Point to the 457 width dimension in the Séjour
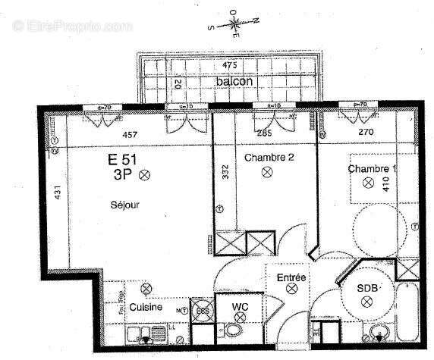click(x=131, y=134)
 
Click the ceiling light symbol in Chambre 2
click(x=267, y=172)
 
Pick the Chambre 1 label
click(x=373, y=168)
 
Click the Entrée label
click(x=291, y=279)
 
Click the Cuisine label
click(x=144, y=308)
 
